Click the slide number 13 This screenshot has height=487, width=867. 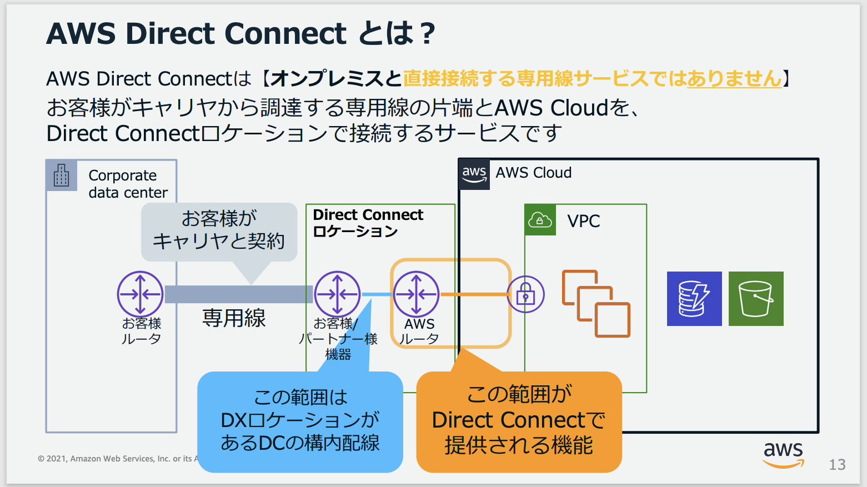(x=837, y=464)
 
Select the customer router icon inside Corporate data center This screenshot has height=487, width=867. (x=140, y=294)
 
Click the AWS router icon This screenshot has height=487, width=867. (x=417, y=294)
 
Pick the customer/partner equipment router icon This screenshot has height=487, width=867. (x=337, y=294)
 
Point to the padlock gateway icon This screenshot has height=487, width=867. (x=525, y=294)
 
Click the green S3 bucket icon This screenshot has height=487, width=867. (x=755, y=299)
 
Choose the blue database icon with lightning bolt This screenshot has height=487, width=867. (x=694, y=299)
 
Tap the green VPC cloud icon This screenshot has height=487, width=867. (x=540, y=220)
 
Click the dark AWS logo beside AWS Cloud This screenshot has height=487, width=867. (x=474, y=174)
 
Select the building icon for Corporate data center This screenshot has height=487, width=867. (x=62, y=175)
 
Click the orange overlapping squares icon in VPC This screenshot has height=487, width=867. (x=596, y=304)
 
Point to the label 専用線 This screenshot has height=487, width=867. (x=234, y=318)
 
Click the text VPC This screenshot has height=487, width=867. (x=584, y=221)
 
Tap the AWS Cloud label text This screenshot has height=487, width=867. (x=533, y=173)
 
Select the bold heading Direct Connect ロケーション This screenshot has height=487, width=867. (x=368, y=223)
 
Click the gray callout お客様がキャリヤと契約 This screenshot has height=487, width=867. (x=219, y=230)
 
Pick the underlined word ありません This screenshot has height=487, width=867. (x=734, y=79)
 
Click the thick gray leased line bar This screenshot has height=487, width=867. (x=239, y=294)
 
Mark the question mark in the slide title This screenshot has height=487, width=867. (x=427, y=34)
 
